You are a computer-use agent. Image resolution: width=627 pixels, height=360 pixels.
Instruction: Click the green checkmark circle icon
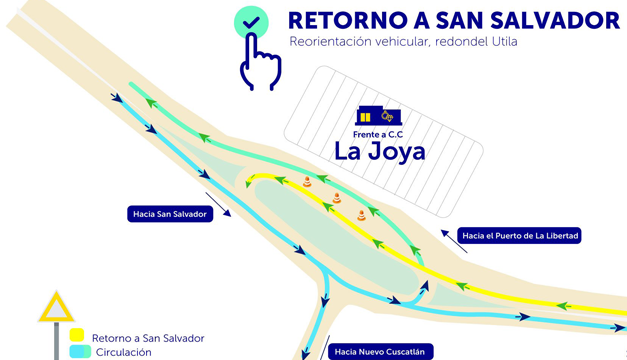click(251, 22)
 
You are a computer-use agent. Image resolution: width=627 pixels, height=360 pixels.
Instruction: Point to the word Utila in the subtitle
click(505, 41)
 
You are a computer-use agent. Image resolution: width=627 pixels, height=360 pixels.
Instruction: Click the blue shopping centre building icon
click(378, 116)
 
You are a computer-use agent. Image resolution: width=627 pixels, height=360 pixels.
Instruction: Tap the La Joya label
click(379, 152)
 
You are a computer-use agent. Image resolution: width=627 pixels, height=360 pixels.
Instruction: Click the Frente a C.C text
click(378, 134)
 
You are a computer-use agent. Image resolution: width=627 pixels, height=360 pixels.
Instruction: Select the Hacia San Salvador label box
click(170, 214)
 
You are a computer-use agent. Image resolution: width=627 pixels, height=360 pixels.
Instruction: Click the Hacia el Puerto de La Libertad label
click(519, 236)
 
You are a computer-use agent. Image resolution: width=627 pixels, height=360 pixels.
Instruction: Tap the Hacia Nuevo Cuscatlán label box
click(381, 352)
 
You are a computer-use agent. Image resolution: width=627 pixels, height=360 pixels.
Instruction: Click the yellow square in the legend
click(77, 335)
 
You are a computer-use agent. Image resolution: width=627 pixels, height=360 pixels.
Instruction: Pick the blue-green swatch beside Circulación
click(80, 352)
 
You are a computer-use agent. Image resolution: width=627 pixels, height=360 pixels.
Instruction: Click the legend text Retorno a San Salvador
click(148, 338)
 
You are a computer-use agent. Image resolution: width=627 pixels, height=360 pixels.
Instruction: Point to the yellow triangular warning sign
click(56, 307)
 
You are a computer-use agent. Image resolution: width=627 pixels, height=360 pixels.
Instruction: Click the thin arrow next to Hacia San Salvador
click(218, 204)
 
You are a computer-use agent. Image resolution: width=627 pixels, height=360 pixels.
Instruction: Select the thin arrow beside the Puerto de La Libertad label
click(454, 241)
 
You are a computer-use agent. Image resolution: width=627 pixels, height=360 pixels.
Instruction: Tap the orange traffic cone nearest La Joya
click(307, 182)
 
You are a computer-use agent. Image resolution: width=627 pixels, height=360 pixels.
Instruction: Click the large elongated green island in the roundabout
click(336, 236)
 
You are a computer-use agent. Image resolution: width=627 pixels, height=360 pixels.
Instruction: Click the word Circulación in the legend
click(124, 352)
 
